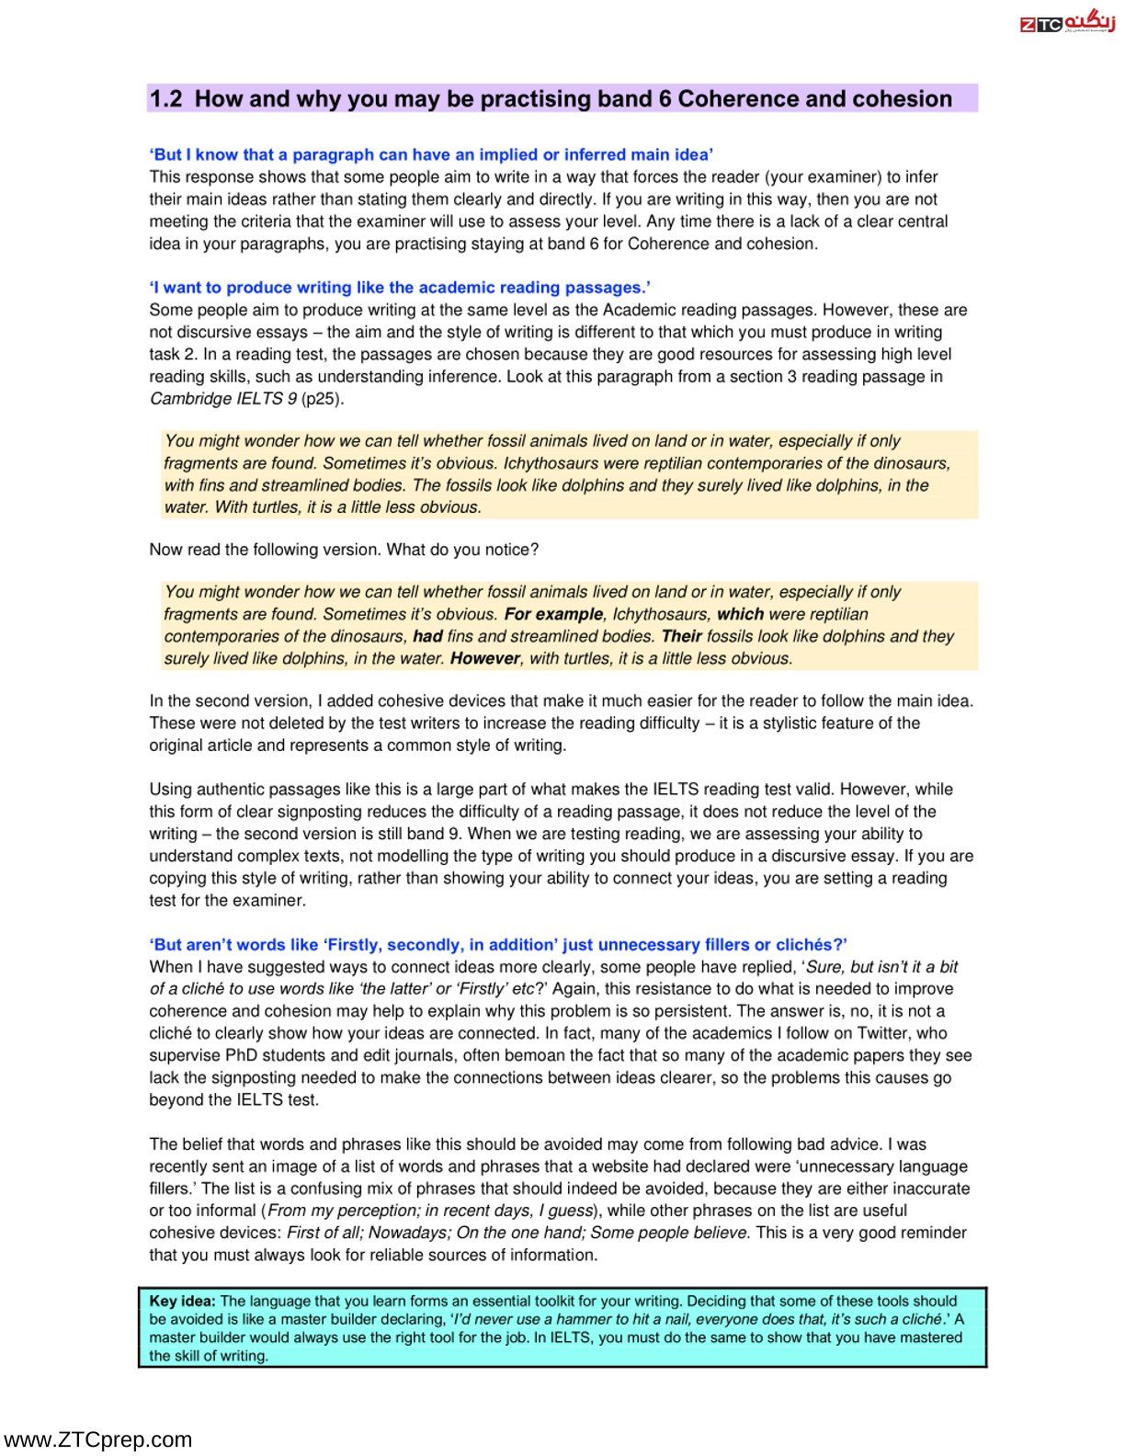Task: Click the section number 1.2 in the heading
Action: click(166, 99)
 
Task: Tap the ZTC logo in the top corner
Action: click(1067, 22)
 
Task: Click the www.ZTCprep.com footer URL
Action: click(97, 1439)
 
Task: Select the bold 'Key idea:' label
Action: click(183, 1301)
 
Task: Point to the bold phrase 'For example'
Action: click(553, 614)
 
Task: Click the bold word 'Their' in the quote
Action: click(681, 636)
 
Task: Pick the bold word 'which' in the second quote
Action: click(740, 614)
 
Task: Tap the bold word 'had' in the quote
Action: click(427, 636)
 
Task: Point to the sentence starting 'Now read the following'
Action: click(344, 550)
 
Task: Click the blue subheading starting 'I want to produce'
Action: click(400, 288)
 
